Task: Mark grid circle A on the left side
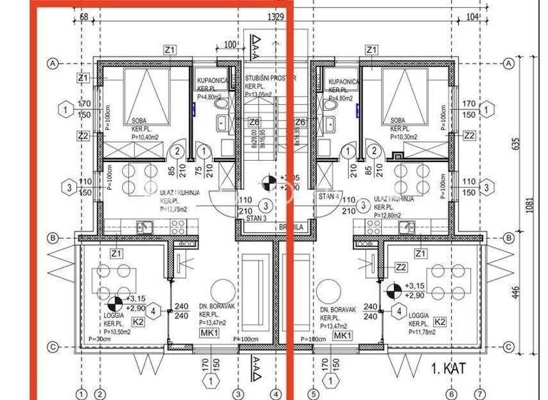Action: pos(52,64)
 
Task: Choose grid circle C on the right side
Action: pos(509,347)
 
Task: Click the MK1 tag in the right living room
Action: pos(342,336)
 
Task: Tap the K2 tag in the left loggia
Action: pos(140,322)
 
